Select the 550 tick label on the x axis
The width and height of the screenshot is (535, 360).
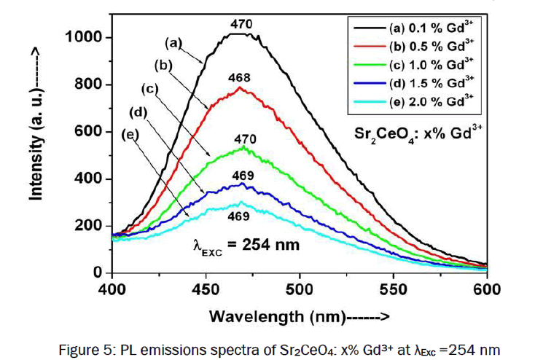(x=393, y=289)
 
